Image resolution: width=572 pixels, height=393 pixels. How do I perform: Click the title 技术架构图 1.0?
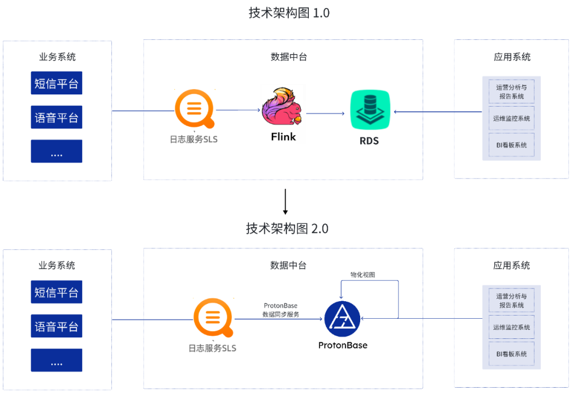[x=289, y=13]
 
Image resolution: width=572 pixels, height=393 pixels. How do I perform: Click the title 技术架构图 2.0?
[x=287, y=229]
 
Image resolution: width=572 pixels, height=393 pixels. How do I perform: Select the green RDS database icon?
[x=370, y=110]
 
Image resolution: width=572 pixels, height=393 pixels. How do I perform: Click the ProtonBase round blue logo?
[x=342, y=319]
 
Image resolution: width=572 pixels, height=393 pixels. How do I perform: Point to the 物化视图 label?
[x=363, y=275]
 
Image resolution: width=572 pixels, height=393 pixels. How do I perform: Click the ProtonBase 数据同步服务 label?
[x=281, y=310]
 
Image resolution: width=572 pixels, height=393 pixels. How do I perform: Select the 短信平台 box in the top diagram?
[x=57, y=83]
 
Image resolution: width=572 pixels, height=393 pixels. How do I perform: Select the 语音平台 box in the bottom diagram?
[x=57, y=326]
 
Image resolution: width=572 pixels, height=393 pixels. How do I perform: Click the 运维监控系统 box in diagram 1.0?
[x=511, y=118]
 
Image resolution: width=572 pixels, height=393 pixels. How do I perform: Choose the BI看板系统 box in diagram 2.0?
[x=511, y=354]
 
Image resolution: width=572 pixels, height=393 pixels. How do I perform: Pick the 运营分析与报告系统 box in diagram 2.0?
[x=511, y=300]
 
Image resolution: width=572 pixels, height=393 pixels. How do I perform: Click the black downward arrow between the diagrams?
[x=285, y=202]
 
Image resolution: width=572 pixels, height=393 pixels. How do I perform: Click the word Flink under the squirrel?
[x=283, y=136]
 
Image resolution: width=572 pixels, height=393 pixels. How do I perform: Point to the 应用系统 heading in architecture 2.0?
[x=511, y=265]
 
